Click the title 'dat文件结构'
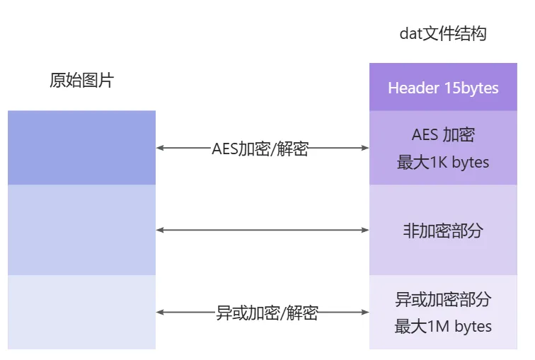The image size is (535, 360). pyautogui.click(x=443, y=33)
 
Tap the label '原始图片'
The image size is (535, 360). pyautogui.click(x=81, y=81)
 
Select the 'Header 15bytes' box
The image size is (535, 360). pyautogui.click(x=443, y=88)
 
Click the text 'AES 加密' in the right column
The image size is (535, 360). pyautogui.click(x=443, y=134)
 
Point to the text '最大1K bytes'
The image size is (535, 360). pyautogui.click(x=443, y=162)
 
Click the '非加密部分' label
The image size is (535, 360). pyautogui.click(x=443, y=231)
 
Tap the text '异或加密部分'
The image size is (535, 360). pyautogui.click(x=443, y=299)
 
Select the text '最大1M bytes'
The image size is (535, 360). pyautogui.click(x=443, y=326)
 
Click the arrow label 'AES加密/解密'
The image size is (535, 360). pyautogui.click(x=260, y=149)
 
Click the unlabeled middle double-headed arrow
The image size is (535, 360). pyautogui.click(x=262, y=231)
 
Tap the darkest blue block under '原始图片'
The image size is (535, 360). pyautogui.click(x=81, y=147)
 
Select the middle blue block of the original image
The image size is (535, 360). pyautogui.click(x=81, y=230)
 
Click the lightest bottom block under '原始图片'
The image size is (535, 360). pyautogui.click(x=81, y=312)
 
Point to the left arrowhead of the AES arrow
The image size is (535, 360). pyautogui.click(x=160, y=149)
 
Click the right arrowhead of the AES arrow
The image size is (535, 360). pyautogui.click(x=365, y=149)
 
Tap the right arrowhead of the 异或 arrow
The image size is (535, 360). pyautogui.click(x=365, y=313)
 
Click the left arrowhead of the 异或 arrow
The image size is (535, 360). pyautogui.click(x=160, y=313)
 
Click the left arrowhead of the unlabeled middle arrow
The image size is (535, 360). pyautogui.click(x=160, y=231)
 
